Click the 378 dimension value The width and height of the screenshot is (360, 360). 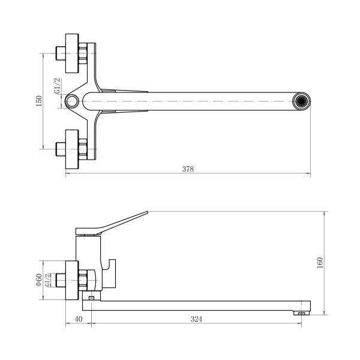188,169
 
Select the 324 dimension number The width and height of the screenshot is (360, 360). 196,319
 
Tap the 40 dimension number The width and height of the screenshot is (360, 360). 78,319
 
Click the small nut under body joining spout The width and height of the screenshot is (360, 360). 91,298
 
